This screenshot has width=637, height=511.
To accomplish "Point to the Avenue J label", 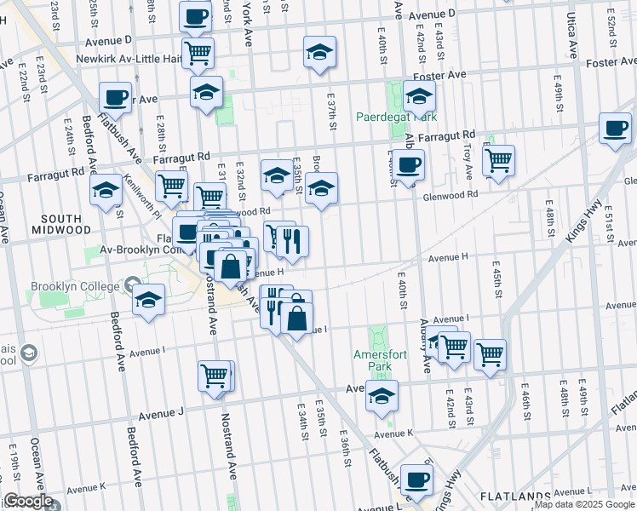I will (x=162, y=414).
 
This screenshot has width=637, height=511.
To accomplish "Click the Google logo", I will (x=28, y=501).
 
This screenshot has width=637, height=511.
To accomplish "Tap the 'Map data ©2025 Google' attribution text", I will (x=583, y=504).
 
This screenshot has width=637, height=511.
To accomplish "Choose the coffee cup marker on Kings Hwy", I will (x=616, y=128).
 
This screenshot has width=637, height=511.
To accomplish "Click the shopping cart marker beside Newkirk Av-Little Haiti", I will (x=198, y=54).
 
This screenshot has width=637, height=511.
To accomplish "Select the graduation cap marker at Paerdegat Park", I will (x=419, y=97).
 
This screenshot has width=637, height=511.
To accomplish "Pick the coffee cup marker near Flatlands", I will (x=416, y=479).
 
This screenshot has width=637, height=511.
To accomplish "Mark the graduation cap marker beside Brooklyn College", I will (x=149, y=299).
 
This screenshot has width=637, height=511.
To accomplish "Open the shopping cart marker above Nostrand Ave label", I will (x=215, y=375).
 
